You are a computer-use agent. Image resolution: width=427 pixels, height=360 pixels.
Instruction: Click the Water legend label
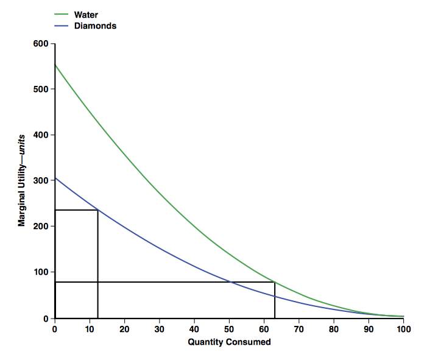coord(86,15)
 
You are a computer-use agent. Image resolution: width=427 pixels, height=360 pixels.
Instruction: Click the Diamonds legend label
coord(95,26)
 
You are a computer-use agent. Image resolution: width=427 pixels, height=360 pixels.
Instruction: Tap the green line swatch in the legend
coord(62,15)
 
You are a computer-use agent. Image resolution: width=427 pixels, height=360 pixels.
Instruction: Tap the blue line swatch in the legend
coord(62,26)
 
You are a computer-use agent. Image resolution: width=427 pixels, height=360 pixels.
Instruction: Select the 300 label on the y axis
coord(41,181)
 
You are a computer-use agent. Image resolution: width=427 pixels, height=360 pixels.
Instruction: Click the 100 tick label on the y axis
coord(41,272)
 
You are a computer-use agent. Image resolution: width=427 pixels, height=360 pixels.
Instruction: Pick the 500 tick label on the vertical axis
coord(41,90)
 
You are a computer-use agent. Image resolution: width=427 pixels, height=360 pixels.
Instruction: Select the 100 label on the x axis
coord(403,329)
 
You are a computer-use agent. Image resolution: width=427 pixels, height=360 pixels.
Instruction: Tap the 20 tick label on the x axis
coord(124,329)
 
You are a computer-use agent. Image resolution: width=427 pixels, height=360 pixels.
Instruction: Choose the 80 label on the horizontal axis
coord(334,329)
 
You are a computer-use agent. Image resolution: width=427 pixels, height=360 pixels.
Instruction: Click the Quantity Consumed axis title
coord(229,342)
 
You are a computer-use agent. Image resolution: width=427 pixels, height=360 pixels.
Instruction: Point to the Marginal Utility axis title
coord(22,182)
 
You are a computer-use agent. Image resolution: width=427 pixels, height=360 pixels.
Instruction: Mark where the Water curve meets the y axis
coord(55,64)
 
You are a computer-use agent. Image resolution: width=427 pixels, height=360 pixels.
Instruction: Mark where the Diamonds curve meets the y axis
coord(55,178)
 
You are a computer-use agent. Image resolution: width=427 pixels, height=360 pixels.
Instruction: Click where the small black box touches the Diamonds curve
coord(98,210)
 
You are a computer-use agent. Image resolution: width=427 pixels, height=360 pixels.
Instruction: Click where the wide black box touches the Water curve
coord(275,282)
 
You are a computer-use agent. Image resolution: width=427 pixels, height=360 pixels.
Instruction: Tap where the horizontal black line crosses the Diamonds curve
coord(229,282)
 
